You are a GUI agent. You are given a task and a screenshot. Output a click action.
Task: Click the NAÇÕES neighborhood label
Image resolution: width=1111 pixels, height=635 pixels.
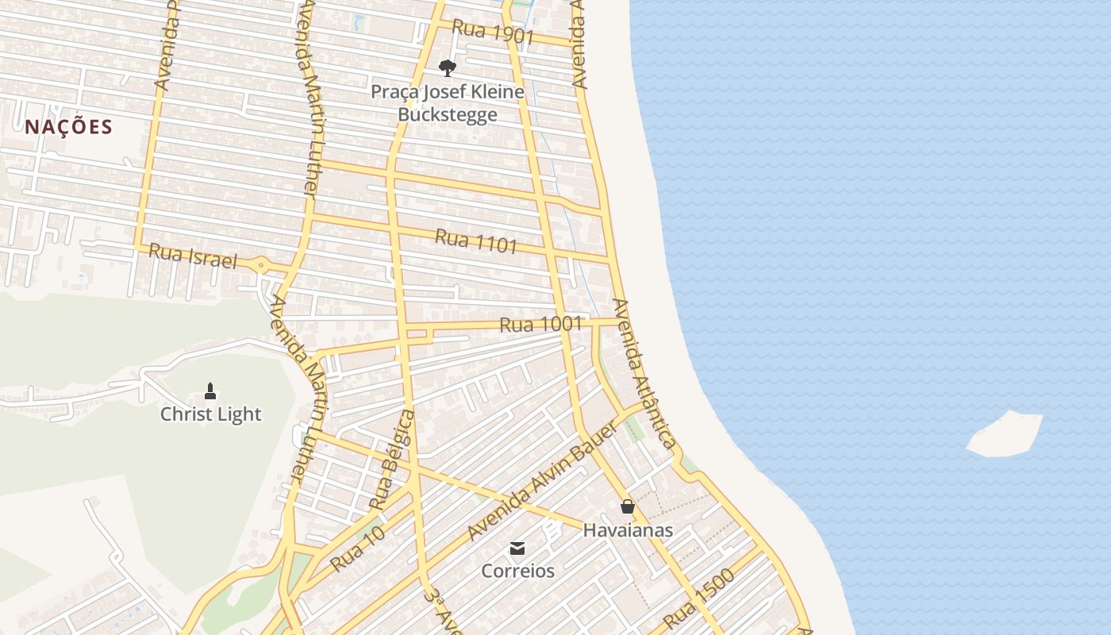coord(68,127)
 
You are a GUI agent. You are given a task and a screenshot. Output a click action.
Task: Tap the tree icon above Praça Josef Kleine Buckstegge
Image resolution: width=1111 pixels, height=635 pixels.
coord(448,67)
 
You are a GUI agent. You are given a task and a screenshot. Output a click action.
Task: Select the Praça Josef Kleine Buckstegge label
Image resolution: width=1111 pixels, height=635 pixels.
coord(448,103)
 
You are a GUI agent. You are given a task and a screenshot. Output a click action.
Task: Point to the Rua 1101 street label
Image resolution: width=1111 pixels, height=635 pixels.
coord(476,241)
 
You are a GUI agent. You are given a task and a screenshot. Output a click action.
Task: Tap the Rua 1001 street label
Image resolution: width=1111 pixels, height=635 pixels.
coord(540,324)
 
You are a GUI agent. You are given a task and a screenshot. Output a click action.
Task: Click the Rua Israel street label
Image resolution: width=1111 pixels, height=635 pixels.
coord(193,256)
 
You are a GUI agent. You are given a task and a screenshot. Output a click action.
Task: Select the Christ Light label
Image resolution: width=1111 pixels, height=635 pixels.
coord(210,414)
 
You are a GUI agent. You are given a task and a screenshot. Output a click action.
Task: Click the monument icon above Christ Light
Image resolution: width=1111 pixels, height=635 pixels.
coord(210,391)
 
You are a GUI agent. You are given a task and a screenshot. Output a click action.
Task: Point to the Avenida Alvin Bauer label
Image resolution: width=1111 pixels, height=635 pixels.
coord(542,482)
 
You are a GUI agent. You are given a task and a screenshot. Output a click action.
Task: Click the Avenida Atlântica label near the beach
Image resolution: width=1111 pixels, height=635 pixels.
coord(644,375)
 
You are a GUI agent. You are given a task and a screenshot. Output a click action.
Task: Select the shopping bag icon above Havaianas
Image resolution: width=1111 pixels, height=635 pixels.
coord(628,506)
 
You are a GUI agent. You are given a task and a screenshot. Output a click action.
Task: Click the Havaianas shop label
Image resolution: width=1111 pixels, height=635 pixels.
coord(628,530)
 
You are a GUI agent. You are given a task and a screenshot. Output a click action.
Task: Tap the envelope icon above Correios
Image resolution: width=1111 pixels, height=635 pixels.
coord(517,548)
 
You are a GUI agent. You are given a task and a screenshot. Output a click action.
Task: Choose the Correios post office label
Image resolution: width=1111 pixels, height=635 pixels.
coord(517,571)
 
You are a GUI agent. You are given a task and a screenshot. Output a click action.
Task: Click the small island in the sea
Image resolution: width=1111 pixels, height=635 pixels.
coord(1005,434)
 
